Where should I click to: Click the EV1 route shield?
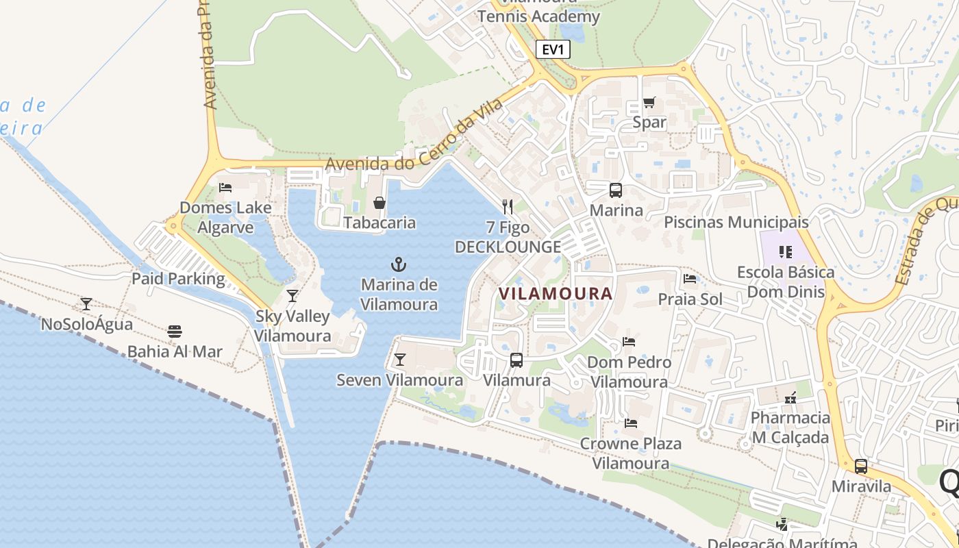(x=553, y=49)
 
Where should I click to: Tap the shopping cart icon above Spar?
(x=649, y=103)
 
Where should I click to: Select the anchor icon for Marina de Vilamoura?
(x=399, y=264)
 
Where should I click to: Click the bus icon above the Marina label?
(x=616, y=190)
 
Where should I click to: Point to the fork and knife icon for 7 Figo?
(x=508, y=206)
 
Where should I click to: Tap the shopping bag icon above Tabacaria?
(x=379, y=203)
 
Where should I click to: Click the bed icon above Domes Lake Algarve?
(x=225, y=188)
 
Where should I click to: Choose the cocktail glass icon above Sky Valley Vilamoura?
(x=292, y=296)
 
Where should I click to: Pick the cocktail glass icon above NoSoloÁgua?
(x=86, y=303)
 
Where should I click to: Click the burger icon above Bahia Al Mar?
(x=175, y=332)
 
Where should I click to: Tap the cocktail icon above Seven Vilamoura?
(x=400, y=360)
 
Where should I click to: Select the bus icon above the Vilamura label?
(x=516, y=360)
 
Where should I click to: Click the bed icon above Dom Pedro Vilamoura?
(x=629, y=342)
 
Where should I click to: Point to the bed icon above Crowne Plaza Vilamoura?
(x=631, y=423)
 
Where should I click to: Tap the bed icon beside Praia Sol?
(x=690, y=279)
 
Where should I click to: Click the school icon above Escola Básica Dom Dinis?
(x=786, y=252)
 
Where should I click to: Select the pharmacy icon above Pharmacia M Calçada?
(x=790, y=397)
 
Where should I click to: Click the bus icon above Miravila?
(x=861, y=466)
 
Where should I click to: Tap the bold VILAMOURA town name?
(x=555, y=294)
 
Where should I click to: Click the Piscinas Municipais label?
(x=736, y=223)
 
